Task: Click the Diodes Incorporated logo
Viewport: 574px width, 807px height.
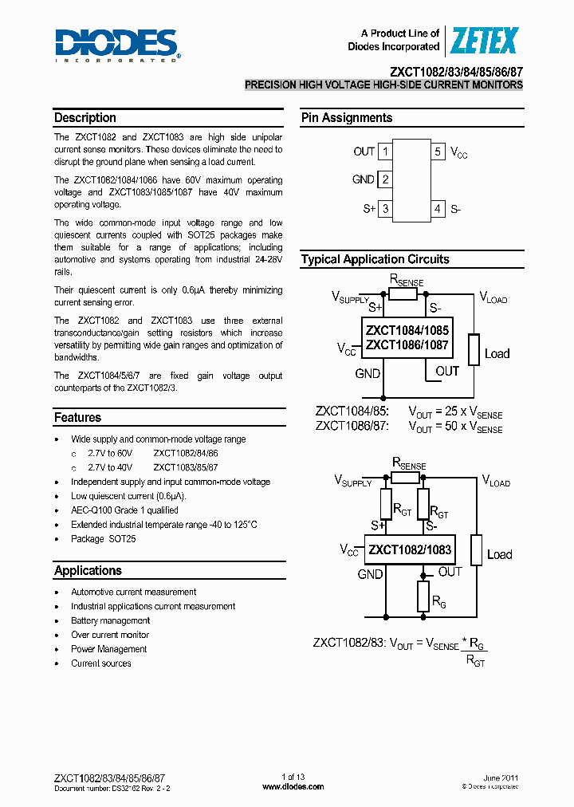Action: pyautogui.click(x=117, y=45)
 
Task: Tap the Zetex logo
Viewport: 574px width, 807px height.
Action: pyautogui.click(x=485, y=40)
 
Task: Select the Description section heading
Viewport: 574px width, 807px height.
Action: pyautogui.click(x=85, y=118)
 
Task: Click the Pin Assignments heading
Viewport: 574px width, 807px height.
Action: pyautogui.click(x=347, y=118)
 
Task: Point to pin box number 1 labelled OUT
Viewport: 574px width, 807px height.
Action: pyautogui.click(x=385, y=152)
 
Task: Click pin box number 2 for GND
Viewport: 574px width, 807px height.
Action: pyautogui.click(x=385, y=180)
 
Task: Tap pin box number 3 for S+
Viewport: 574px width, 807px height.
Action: pyautogui.click(x=385, y=209)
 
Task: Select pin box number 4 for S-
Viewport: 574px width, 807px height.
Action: pyautogui.click(x=438, y=209)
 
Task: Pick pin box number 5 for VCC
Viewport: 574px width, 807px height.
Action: pyautogui.click(x=438, y=152)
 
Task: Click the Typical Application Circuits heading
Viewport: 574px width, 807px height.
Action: pyautogui.click(x=375, y=259)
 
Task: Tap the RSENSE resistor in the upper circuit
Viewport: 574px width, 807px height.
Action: pyautogui.click(x=403, y=294)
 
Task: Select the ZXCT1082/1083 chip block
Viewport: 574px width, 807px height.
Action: pyautogui.click(x=410, y=549)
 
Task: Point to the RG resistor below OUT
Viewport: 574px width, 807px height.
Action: pyautogui.click(x=423, y=596)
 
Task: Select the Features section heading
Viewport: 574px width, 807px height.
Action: pyautogui.click(x=78, y=418)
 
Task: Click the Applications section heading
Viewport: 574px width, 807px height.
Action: pyautogui.click(x=88, y=571)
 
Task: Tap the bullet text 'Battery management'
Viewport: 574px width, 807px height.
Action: pyautogui.click(x=110, y=620)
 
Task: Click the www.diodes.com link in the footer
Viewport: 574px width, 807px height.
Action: pyautogui.click(x=293, y=786)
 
